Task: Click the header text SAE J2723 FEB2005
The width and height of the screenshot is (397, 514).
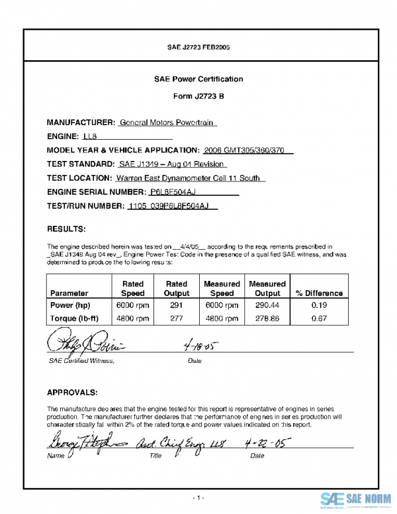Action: (198, 48)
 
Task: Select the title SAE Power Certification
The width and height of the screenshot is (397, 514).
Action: (198, 79)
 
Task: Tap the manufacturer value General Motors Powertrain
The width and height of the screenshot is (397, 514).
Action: (168, 123)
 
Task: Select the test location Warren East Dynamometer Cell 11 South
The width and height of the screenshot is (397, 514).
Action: (190, 178)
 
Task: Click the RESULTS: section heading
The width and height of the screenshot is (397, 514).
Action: (66, 229)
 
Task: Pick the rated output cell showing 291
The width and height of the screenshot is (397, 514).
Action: (176, 305)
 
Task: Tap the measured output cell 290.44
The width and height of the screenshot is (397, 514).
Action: (267, 305)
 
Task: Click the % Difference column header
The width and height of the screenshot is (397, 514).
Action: (319, 293)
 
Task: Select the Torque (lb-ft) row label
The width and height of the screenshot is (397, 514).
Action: (75, 318)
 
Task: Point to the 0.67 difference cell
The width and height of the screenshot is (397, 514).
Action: (319, 318)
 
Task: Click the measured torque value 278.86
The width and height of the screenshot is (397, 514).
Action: (267, 318)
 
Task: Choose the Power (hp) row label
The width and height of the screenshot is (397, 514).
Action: (70, 305)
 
